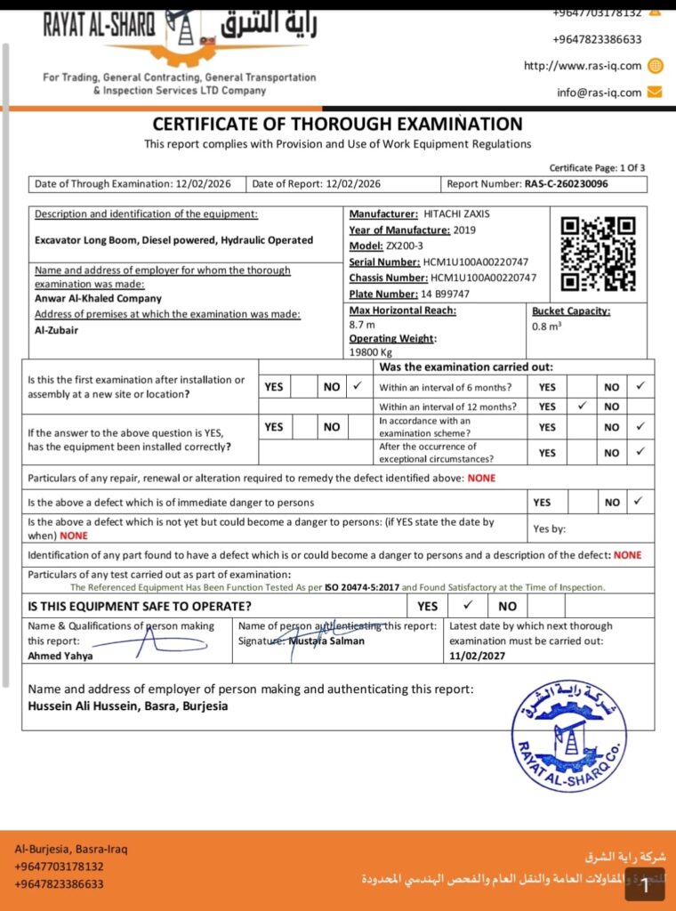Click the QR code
click(598, 254)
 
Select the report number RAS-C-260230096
click(572, 184)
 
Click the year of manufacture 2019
click(464, 230)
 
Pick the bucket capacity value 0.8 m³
click(547, 326)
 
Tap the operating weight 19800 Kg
click(371, 351)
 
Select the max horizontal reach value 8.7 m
click(362, 326)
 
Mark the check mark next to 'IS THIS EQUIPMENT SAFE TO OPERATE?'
click(468, 605)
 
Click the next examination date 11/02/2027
click(478, 656)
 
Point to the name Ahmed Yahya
click(60, 656)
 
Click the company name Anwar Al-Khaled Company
click(97, 298)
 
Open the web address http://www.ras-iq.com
click(582, 66)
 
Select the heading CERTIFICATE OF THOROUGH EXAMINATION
click(337, 125)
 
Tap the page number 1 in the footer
click(645, 886)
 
